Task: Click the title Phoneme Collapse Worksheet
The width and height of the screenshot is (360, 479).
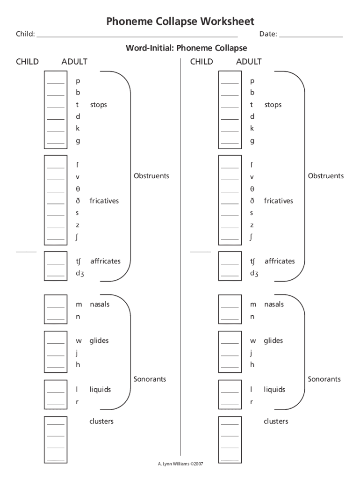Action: point(180,21)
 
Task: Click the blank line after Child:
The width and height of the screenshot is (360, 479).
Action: point(137,36)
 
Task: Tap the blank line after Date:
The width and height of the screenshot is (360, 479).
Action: point(310,36)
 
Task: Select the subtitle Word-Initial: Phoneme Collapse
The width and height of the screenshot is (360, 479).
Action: point(186,48)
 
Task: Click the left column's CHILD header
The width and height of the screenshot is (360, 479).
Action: point(27,62)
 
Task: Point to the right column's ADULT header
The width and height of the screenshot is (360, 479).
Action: point(249,62)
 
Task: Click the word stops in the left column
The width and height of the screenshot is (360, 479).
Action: point(99,105)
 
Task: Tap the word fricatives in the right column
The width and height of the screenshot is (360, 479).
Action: point(278,201)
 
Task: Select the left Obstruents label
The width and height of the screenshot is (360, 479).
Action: point(151,176)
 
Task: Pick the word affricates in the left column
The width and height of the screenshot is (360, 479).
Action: point(105,261)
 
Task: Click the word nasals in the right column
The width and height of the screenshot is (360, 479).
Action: point(274,305)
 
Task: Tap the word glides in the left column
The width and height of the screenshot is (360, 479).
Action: point(99,341)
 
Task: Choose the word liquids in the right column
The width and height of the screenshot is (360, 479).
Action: point(274,389)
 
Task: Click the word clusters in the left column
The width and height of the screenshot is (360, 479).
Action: point(101,421)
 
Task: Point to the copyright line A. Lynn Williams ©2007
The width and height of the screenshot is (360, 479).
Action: point(180,464)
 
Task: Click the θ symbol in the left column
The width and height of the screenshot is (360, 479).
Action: point(78,189)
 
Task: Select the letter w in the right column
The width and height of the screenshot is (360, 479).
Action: point(252,341)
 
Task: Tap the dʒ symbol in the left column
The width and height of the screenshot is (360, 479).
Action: point(80,274)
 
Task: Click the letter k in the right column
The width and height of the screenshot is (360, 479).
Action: point(252,128)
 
